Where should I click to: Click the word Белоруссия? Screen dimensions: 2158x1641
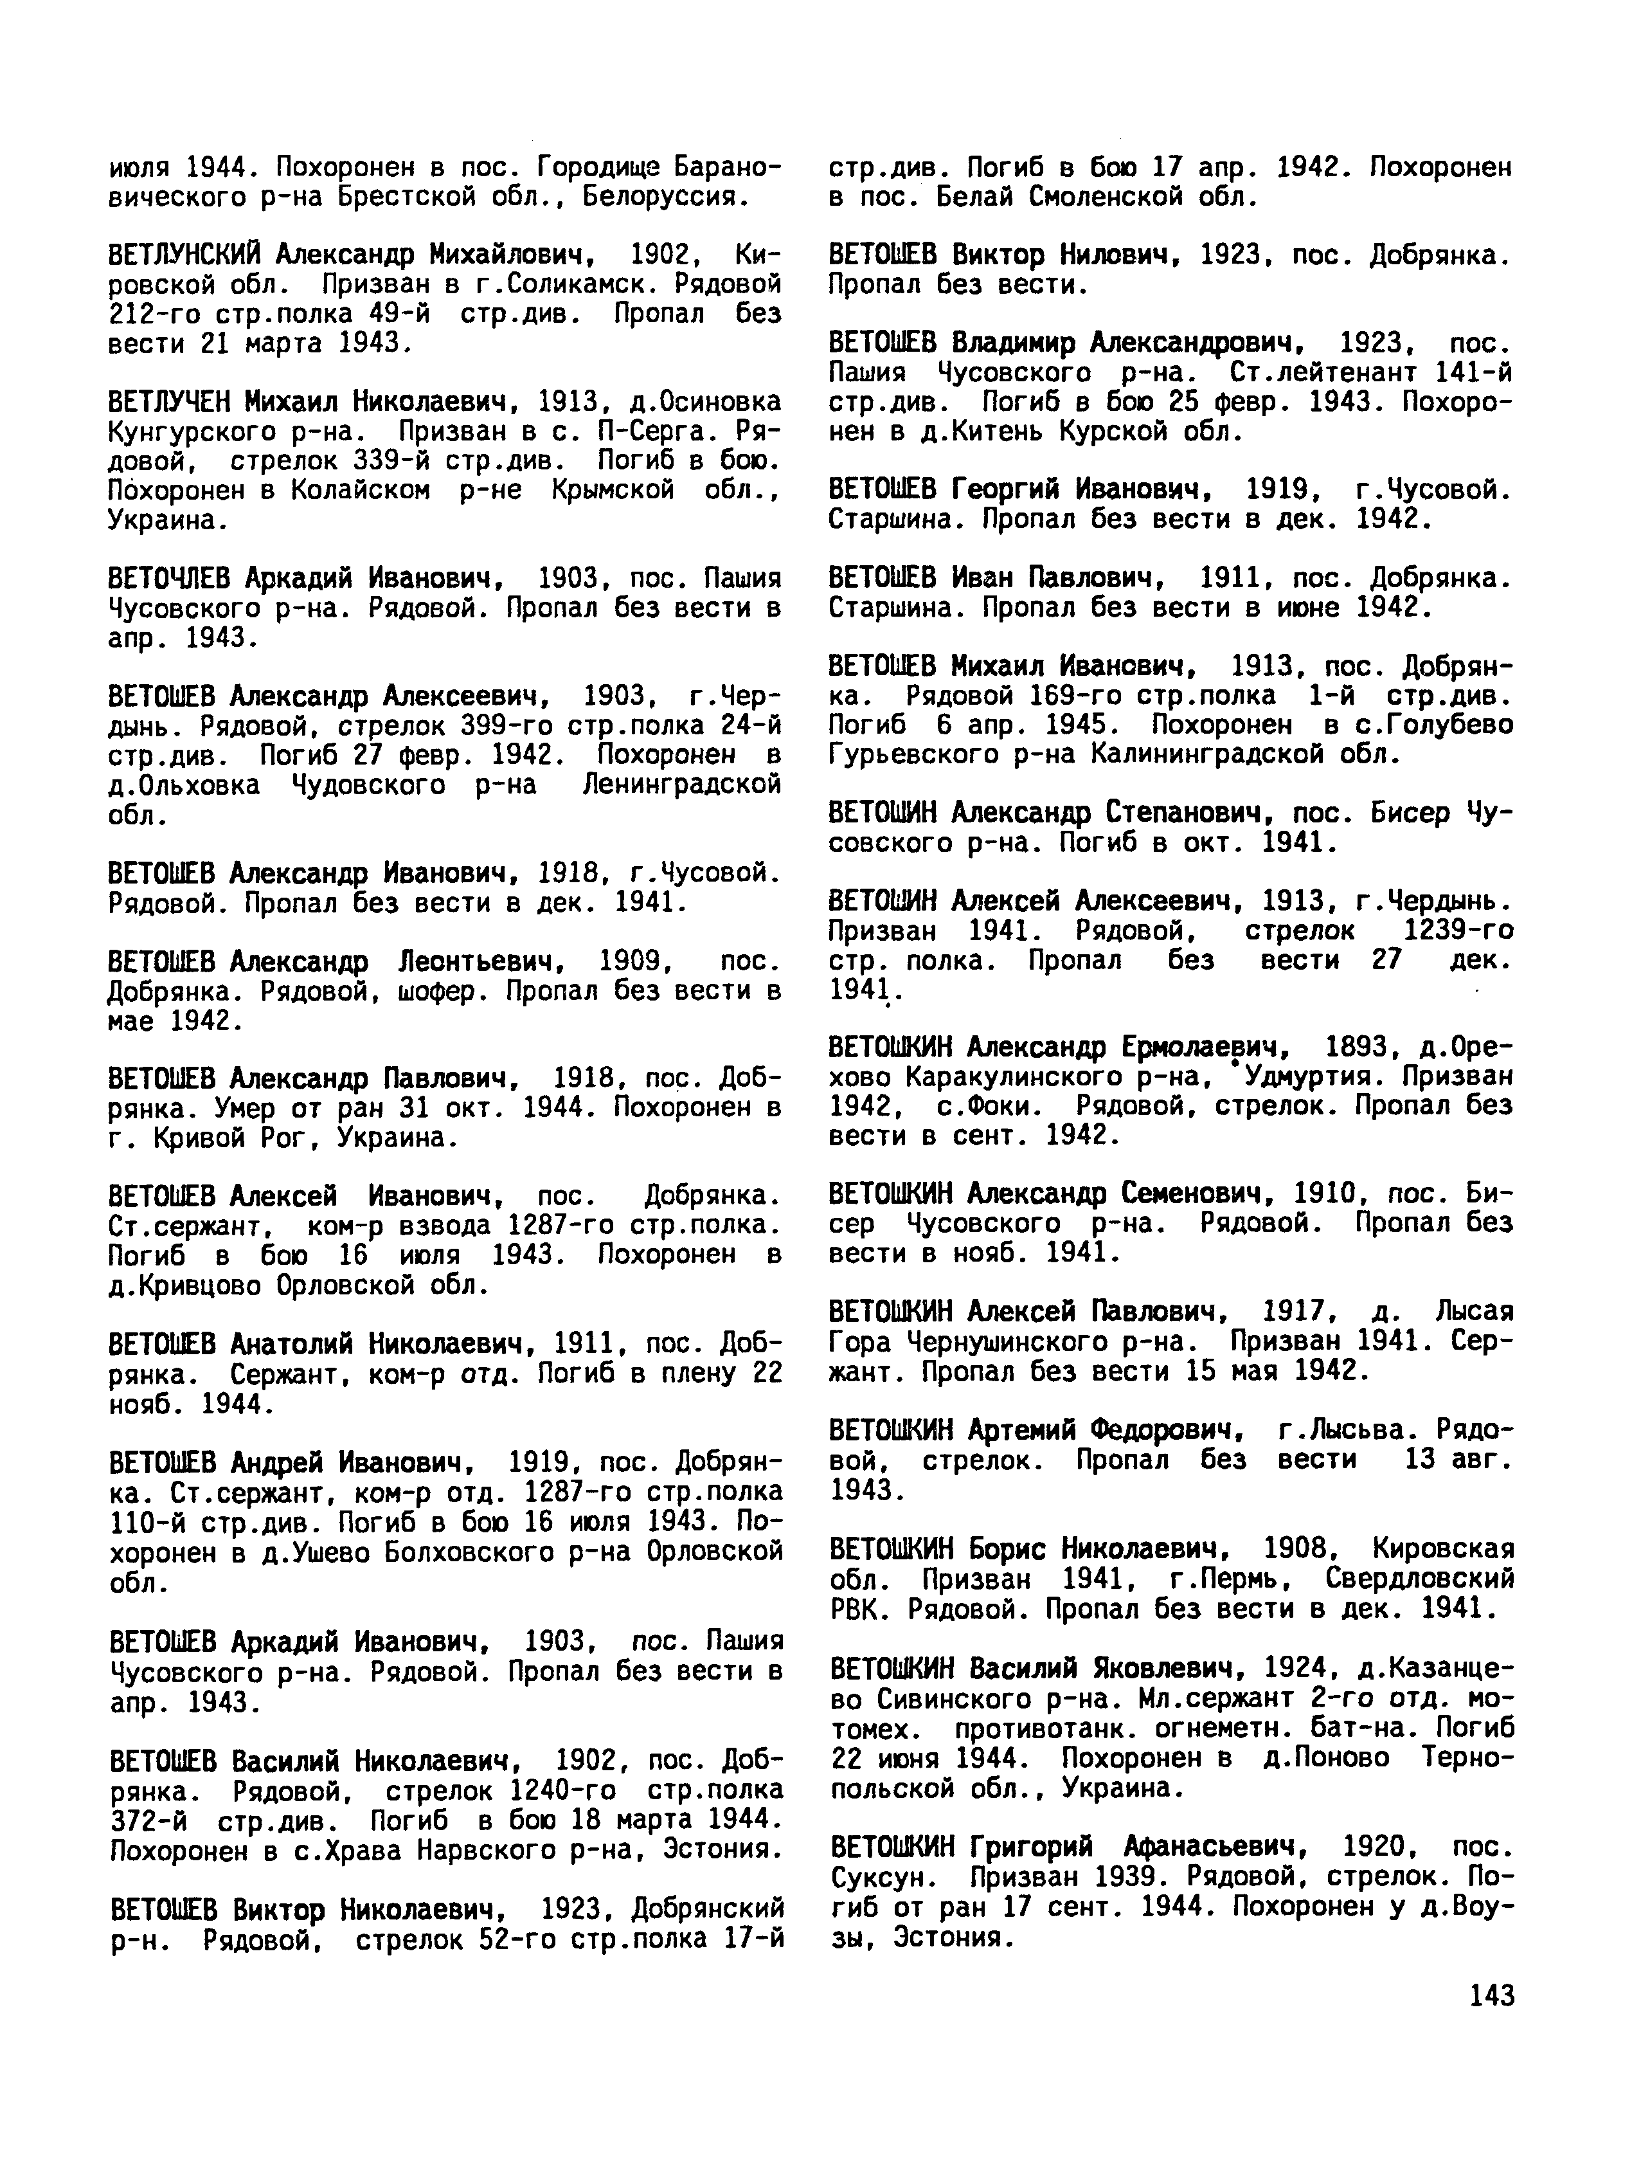coord(665,197)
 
